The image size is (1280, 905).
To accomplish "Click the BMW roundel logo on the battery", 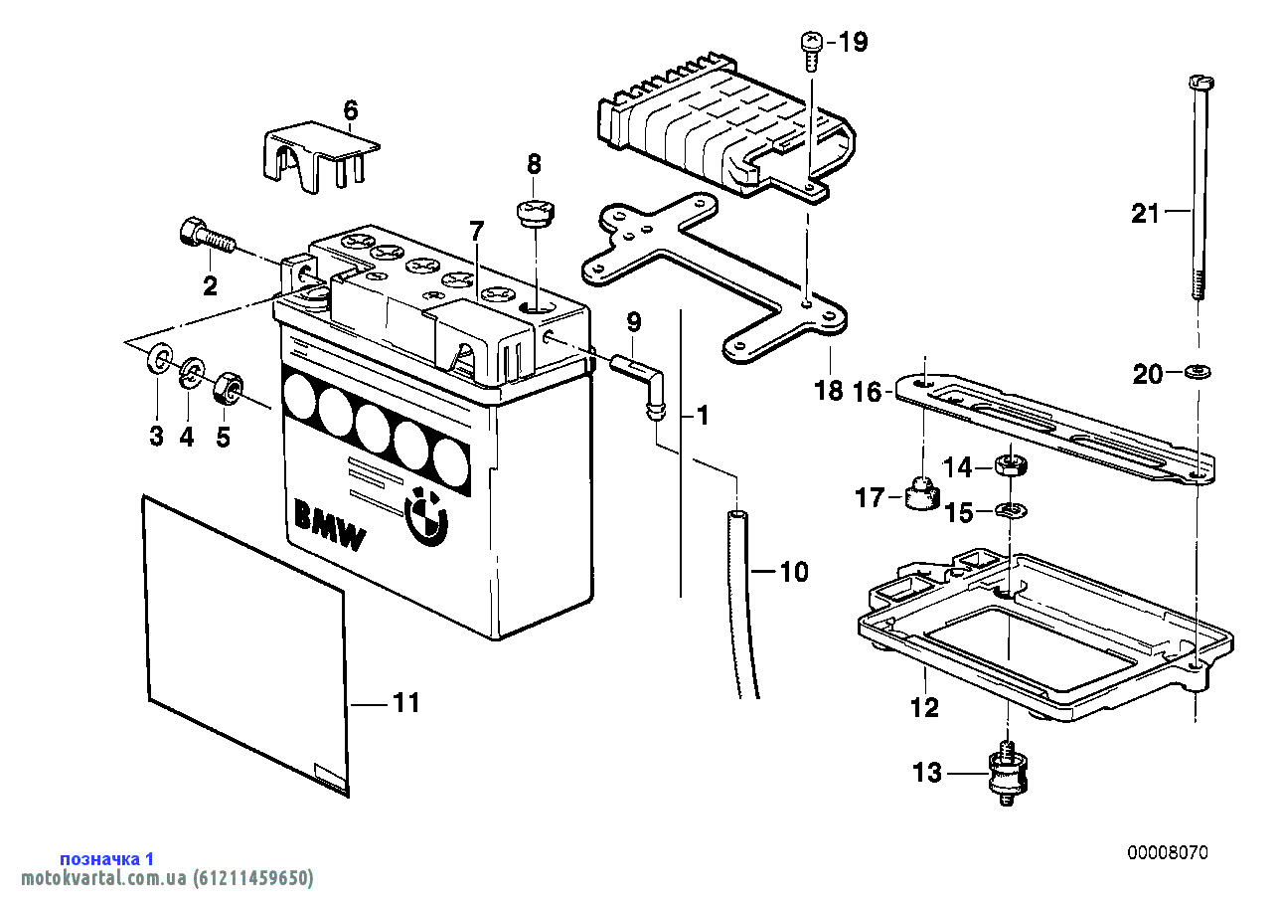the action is coord(426,516).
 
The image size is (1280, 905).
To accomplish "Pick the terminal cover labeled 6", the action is coord(321,156).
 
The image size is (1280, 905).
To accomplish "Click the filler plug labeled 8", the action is coord(535,214).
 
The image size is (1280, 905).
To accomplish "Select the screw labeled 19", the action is coord(812,51).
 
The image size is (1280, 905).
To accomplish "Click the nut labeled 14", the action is coord(1011,463).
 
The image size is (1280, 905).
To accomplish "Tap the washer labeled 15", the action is coord(1011,509).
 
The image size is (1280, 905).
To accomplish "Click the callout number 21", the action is coord(1145,213).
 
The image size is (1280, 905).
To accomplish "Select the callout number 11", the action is coord(406,702).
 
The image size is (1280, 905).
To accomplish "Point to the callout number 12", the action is coord(924,708).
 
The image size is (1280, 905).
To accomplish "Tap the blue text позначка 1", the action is coord(107,858).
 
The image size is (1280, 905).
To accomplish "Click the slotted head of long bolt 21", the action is coord(1201,83).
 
